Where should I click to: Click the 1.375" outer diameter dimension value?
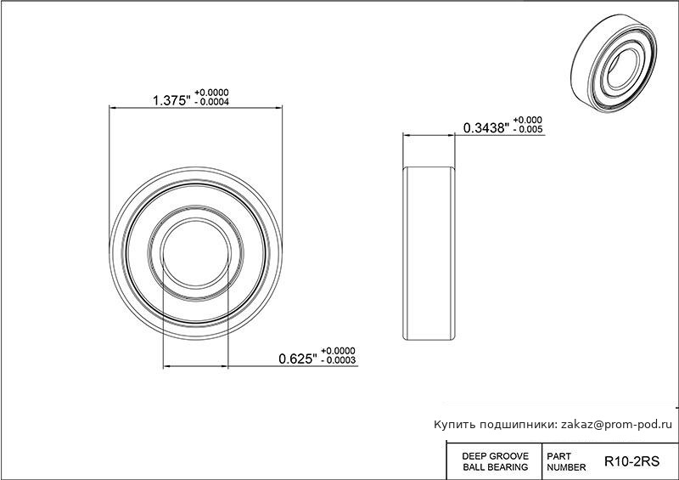(x=171, y=100)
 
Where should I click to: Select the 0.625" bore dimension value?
(x=298, y=359)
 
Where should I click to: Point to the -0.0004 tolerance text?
(x=211, y=102)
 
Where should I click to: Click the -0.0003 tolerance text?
(x=338, y=360)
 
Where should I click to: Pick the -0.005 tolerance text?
(x=527, y=129)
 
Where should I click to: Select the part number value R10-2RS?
(x=631, y=461)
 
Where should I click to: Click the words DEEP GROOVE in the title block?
(x=496, y=456)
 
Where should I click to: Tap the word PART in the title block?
(x=559, y=456)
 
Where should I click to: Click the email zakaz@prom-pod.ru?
(x=617, y=425)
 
